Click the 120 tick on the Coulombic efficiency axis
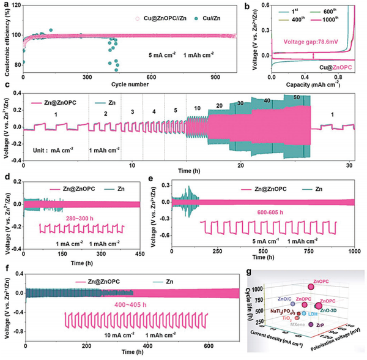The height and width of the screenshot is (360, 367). point(14,5)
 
